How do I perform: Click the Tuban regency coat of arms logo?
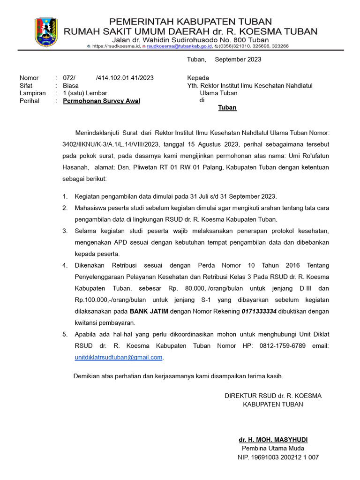[46, 32]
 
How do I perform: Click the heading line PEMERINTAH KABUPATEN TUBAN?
[190, 22]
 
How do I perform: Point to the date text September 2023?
[238, 60]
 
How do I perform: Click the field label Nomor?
[29, 78]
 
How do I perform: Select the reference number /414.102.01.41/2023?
[124, 78]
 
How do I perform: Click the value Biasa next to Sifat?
[71, 86]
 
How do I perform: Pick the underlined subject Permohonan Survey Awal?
[101, 101]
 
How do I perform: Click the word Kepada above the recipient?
[198, 78]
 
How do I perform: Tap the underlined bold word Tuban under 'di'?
[227, 108]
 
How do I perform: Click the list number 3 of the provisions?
[65, 231]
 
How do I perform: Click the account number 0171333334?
[259, 311]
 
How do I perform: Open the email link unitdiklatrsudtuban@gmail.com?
[119, 357]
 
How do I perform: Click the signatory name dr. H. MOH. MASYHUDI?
[273, 440]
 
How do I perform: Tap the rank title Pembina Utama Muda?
[273, 449]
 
